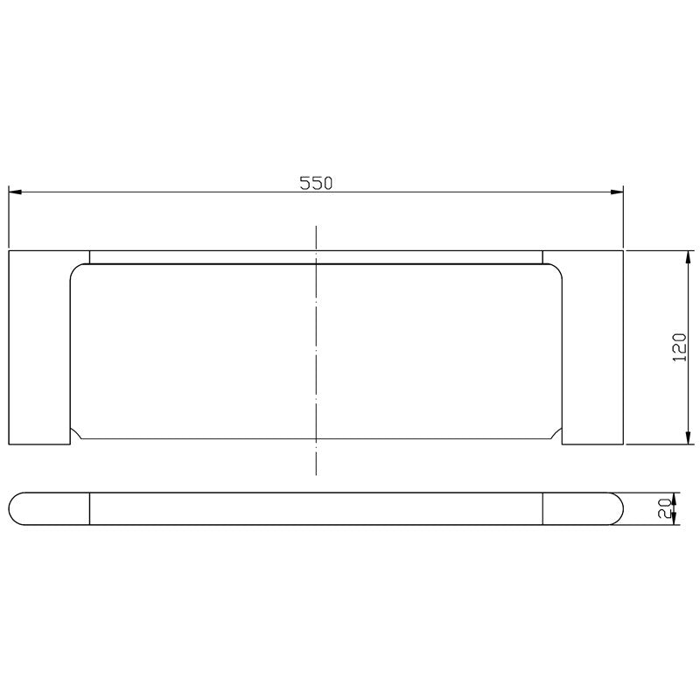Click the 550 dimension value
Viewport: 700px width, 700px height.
[x=317, y=183]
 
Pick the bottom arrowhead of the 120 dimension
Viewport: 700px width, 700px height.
[x=683, y=439]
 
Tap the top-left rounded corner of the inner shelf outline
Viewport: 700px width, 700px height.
[x=77, y=270]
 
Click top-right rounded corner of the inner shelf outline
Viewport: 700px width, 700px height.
[x=555, y=270]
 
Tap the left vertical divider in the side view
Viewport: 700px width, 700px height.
[x=91, y=509]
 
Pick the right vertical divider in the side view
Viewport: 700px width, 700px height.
[x=542, y=509]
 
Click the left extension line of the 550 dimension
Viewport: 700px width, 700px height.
[x=9, y=219]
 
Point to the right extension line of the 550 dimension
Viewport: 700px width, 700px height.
[x=622, y=219]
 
